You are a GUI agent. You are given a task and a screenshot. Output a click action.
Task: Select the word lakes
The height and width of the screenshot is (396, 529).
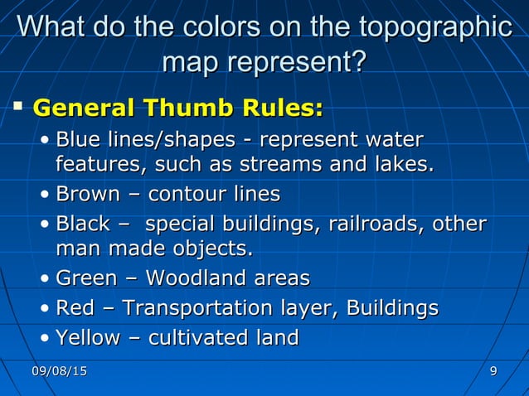402,164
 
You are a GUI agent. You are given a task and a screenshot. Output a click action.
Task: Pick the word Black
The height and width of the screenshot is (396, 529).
83,224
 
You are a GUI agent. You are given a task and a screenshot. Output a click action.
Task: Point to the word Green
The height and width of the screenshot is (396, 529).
87,278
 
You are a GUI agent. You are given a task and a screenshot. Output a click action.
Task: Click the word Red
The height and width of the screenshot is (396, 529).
74,308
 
